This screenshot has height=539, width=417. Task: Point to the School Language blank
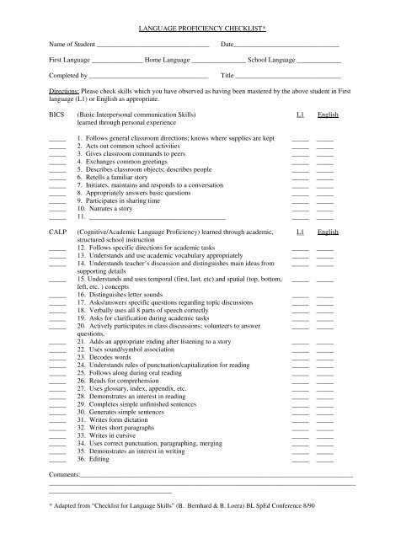(319, 63)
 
